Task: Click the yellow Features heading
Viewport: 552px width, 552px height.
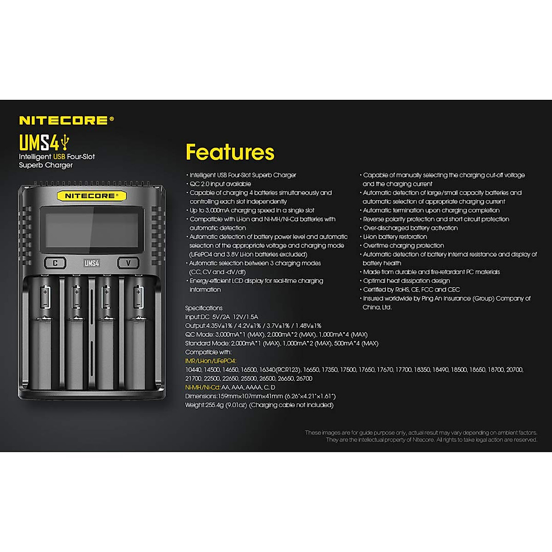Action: tap(230, 152)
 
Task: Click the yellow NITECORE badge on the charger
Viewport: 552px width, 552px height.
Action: tap(91, 195)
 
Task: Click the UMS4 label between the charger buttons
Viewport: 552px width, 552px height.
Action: tap(92, 263)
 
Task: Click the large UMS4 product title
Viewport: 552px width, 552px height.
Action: tap(39, 142)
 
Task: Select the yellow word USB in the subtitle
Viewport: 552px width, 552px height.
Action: tap(59, 157)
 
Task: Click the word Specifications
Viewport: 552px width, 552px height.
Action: tap(204, 308)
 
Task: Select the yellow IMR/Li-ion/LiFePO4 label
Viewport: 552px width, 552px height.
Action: tap(211, 361)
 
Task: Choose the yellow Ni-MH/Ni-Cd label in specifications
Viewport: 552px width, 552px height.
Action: tap(202, 387)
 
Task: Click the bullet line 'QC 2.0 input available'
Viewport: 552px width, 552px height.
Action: tap(220, 184)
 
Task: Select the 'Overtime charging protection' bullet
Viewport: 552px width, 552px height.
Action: tap(403, 246)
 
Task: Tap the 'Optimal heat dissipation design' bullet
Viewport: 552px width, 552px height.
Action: tap(406, 281)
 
